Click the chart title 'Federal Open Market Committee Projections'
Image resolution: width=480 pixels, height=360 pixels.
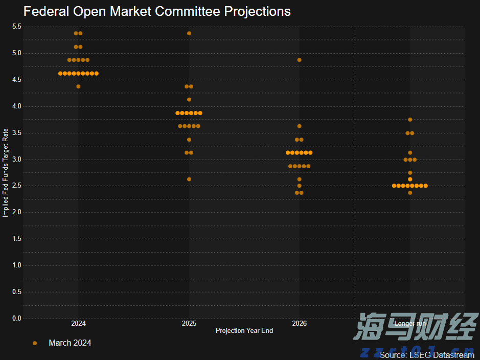coord(157,11)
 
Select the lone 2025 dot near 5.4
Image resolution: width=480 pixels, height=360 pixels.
coord(189,33)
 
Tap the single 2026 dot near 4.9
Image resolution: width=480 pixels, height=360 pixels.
coord(299,60)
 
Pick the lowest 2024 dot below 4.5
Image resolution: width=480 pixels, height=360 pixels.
coord(78,86)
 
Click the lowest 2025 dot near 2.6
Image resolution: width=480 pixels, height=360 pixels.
coord(189,179)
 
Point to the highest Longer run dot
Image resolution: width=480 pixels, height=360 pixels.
coord(410,120)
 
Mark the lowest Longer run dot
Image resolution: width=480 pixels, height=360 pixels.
coord(410,193)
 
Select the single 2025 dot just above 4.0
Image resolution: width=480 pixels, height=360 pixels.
coord(189,100)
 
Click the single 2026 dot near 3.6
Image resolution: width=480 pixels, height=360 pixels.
coord(299,126)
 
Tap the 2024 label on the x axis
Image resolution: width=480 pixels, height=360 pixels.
coord(78,324)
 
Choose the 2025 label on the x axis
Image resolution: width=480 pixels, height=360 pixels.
coord(189,324)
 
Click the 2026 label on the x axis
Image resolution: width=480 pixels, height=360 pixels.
coord(299,324)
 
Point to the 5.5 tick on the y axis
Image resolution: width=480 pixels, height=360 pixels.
coord(17,27)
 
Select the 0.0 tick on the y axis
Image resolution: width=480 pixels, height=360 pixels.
coord(17,319)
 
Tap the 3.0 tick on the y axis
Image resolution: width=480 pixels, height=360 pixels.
coord(17,160)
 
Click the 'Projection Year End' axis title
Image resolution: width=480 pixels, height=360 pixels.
coord(244,331)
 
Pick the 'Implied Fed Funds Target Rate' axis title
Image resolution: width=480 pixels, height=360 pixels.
coord(6,172)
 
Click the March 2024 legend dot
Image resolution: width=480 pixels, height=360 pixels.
coord(35,343)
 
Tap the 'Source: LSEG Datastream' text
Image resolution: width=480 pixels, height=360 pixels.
coord(427,355)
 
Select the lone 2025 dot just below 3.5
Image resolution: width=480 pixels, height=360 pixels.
coord(189,140)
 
